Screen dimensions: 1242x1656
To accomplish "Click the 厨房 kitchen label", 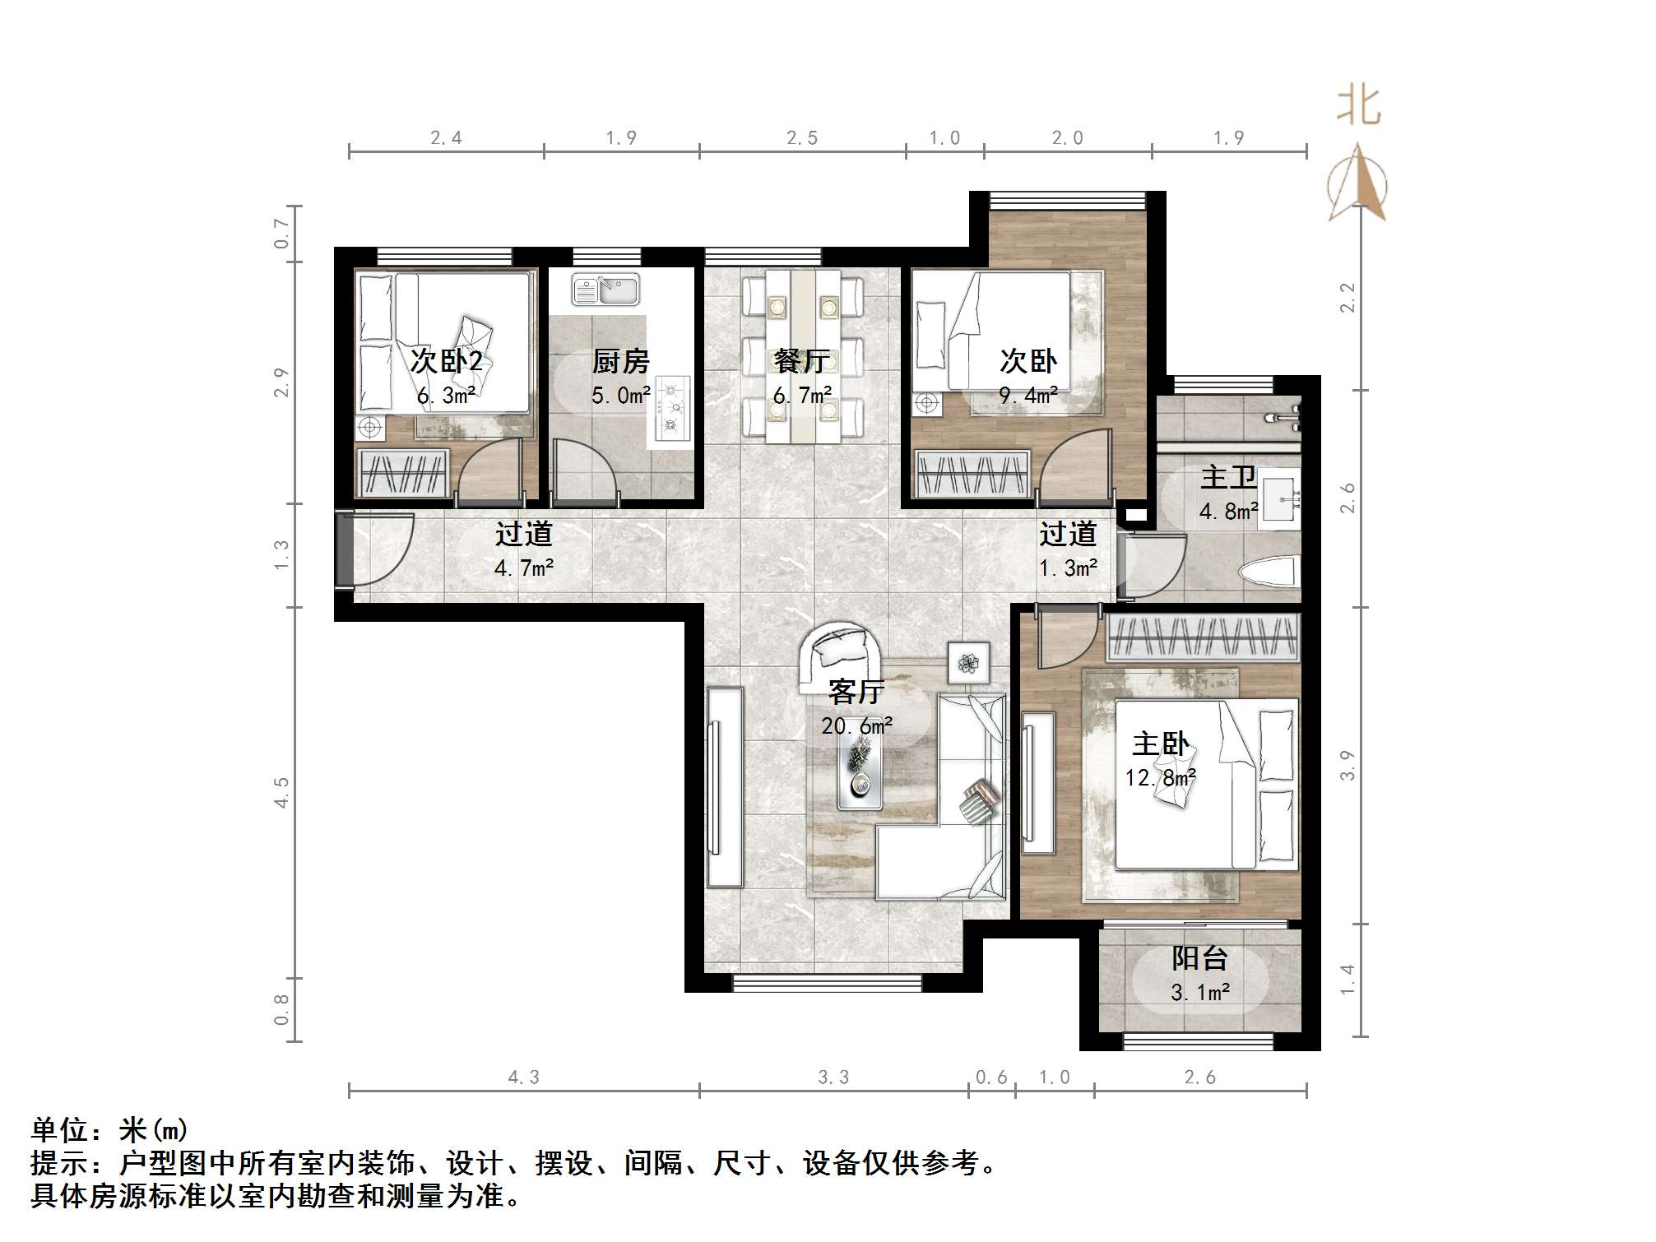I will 621,361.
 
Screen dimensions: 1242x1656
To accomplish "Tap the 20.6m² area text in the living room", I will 856,726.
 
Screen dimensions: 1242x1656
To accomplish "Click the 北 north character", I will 1358,107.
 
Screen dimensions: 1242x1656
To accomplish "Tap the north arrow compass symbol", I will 1357,184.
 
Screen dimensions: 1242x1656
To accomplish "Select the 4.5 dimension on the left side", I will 282,792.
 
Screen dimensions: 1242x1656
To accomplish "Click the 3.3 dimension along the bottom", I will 833,1077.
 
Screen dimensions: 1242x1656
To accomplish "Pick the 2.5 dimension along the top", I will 802,138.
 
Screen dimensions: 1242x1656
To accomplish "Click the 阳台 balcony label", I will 1200,958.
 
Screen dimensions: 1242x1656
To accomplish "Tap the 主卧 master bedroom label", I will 1160,744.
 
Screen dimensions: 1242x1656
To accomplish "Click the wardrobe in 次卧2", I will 403,473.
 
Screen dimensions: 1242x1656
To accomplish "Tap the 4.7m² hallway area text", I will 524,568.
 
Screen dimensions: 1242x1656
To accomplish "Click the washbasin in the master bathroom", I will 1281,496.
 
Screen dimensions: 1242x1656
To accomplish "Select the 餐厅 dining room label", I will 802,361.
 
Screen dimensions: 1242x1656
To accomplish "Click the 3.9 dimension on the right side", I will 1346,765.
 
